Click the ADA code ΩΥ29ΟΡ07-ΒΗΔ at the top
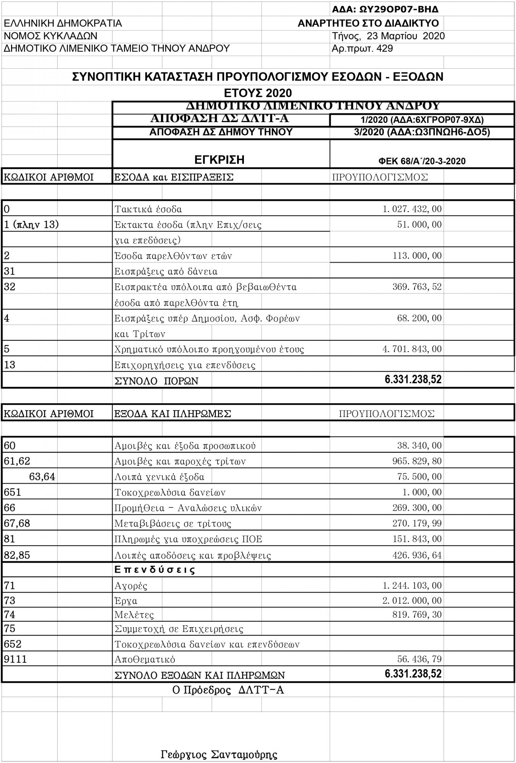385,9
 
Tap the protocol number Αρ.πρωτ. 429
362,48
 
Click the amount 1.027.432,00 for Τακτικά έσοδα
412,209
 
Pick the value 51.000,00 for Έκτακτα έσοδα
419,224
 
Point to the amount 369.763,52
417,287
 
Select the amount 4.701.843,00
412,349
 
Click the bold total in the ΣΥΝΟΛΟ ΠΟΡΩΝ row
413,380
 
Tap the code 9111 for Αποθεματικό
15,659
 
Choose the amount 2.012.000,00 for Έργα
412,600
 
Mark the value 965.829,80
417,461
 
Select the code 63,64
42,477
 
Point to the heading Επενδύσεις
155,570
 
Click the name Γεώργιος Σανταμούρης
219,755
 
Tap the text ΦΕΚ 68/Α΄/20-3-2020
422,161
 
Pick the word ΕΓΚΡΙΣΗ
219,159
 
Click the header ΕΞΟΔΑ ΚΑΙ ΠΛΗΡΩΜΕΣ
173,414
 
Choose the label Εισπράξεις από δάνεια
166,272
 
